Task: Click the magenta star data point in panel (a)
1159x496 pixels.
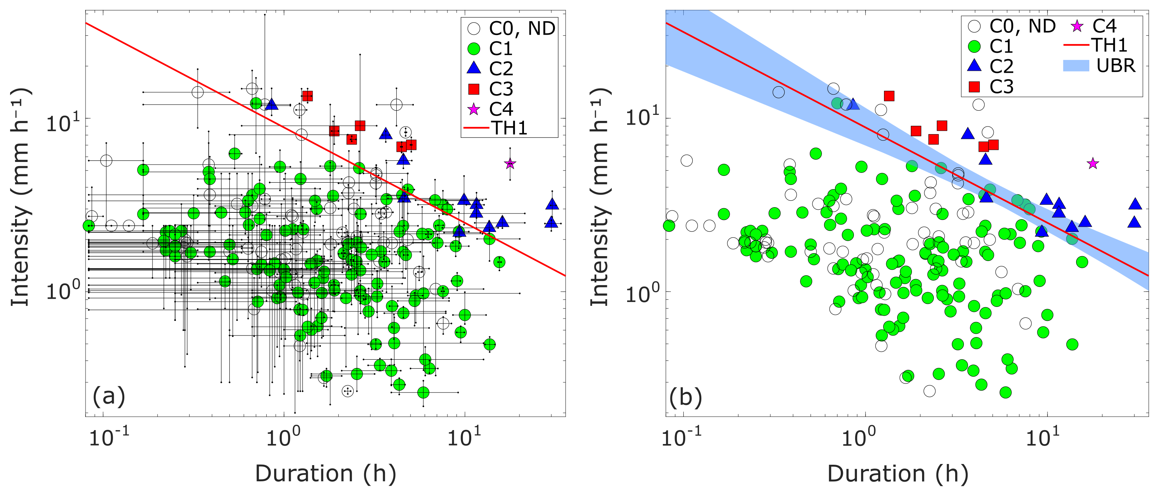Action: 510,164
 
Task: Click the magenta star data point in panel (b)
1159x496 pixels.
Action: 1093,164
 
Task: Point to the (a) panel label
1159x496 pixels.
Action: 108,397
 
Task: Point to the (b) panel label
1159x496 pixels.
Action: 686,398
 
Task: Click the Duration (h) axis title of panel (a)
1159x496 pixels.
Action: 325,474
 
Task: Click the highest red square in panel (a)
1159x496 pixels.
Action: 308,96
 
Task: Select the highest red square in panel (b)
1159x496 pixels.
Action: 889,96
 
